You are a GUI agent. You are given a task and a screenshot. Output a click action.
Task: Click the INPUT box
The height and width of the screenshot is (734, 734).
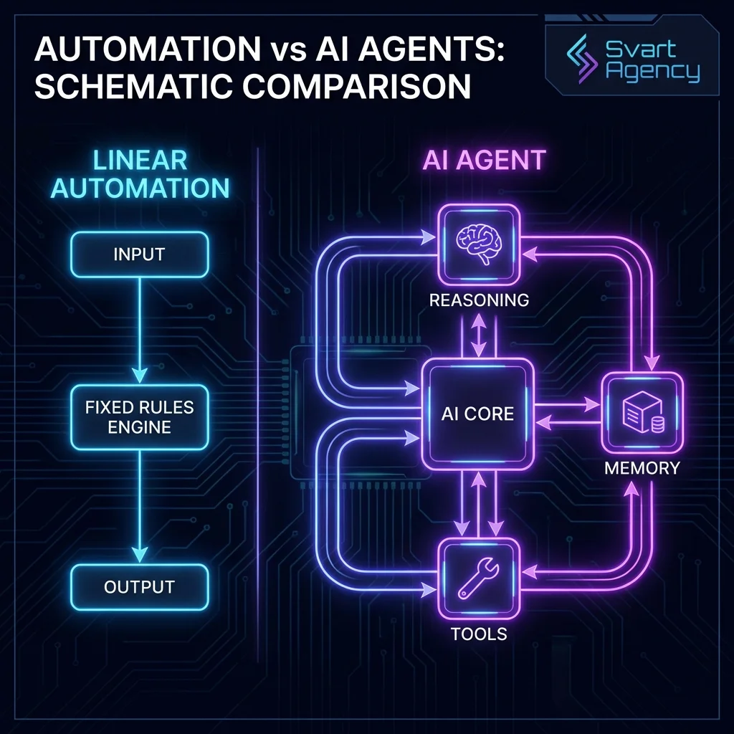[x=139, y=254]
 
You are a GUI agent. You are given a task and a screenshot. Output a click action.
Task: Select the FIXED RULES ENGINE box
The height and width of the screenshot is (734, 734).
[x=139, y=417]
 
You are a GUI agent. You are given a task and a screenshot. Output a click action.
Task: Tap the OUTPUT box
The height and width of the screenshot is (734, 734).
[x=139, y=587]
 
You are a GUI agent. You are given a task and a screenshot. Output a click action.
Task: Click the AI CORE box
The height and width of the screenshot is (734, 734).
[x=477, y=414]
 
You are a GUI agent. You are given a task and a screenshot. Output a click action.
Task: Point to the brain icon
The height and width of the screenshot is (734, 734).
[x=478, y=245]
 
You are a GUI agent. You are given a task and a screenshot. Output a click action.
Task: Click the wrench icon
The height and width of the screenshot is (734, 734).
[x=478, y=578]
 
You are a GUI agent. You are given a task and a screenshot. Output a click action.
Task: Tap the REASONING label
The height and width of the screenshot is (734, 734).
[x=479, y=300]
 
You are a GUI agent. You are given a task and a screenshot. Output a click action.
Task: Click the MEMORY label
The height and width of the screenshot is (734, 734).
[x=642, y=468]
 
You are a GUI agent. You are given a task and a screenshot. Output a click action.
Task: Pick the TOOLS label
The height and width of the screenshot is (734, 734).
[x=479, y=634]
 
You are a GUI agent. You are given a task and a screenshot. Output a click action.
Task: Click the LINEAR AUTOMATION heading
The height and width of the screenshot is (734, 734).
[x=140, y=174]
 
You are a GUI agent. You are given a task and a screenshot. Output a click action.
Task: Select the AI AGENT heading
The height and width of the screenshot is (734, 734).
[x=484, y=160]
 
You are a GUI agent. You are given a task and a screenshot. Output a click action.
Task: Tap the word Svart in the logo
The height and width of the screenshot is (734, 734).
[x=641, y=49]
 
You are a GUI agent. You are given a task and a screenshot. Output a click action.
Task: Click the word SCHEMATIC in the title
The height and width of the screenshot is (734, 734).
[x=133, y=86]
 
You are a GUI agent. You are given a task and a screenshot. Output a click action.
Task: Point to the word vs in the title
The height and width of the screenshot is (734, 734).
[x=287, y=49]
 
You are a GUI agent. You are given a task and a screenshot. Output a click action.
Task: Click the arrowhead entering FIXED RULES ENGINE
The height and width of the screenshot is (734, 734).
[x=139, y=375]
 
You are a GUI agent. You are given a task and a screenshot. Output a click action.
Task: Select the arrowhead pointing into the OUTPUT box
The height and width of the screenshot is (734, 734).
[x=139, y=555]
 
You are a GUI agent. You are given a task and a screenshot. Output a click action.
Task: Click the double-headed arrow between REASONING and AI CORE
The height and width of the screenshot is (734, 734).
[x=478, y=335]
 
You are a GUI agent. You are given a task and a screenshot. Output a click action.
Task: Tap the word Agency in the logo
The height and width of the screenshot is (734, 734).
[x=652, y=73]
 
